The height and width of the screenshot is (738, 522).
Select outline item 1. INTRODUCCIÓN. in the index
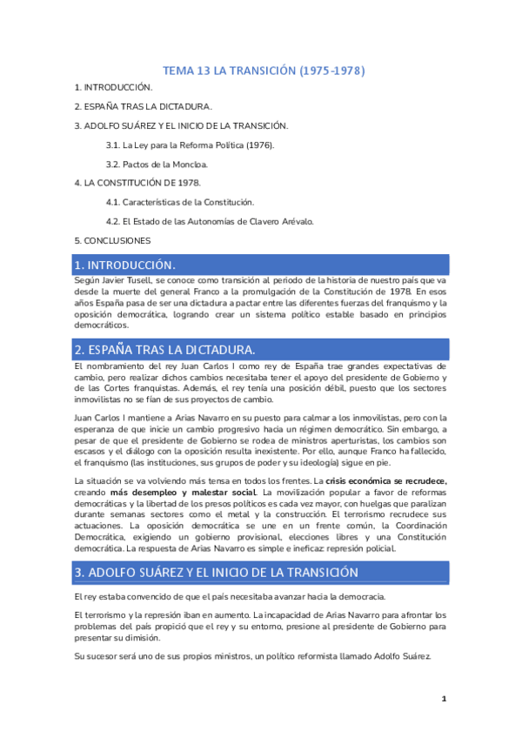(113, 88)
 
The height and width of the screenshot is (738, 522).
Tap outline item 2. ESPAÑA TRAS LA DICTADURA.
(143, 106)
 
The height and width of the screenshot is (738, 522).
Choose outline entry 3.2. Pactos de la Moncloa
(157, 164)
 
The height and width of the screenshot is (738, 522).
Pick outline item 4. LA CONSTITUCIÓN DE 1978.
(137, 183)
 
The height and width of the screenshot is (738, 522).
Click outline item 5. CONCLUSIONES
(112, 240)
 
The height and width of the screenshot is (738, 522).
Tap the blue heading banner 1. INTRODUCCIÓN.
(260, 265)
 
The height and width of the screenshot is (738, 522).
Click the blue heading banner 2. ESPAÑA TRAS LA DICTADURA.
(260, 350)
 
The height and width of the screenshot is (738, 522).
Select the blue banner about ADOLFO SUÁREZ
(260, 572)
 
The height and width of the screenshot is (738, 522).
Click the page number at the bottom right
(444, 699)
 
